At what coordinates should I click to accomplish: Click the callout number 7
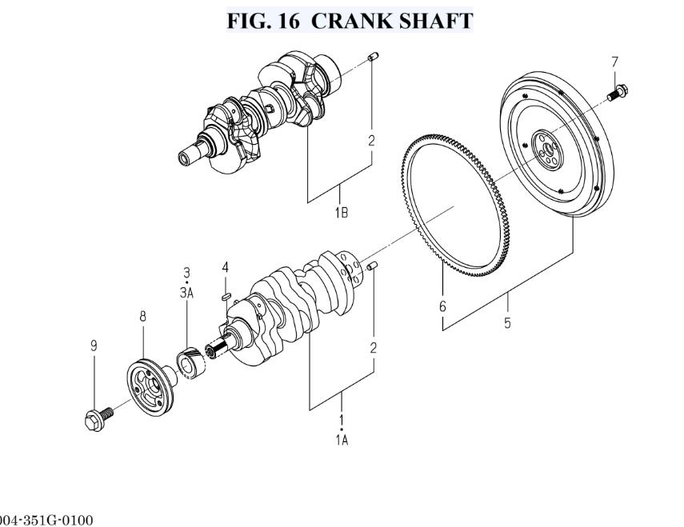coord(614,62)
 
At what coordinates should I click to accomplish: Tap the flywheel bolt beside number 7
coord(618,93)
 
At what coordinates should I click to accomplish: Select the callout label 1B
coord(342,213)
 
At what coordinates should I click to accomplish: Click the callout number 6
coord(442,306)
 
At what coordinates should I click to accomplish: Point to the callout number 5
coord(507,323)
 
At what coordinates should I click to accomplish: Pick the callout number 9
coord(94,346)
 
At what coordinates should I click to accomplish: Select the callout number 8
coord(142,317)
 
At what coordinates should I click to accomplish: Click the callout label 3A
coord(186,293)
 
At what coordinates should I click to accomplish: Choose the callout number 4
coord(225,267)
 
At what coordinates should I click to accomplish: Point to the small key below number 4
coord(226,297)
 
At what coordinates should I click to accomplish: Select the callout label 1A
coord(342,441)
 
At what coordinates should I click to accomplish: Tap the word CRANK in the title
coord(349,21)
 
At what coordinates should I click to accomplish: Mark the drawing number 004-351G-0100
coord(46,520)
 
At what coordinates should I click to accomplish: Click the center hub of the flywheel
coord(546,150)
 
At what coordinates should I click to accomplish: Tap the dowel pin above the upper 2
coord(373,57)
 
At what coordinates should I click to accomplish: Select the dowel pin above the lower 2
coord(372,265)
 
